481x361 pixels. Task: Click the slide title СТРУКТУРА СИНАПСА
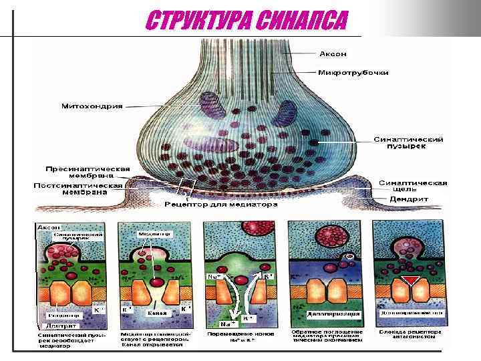[x=247, y=22]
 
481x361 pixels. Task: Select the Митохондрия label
[x=92, y=106]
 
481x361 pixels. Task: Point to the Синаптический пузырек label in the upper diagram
[x=409, y=143]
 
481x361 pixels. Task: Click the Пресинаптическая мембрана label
[x=88, y=173]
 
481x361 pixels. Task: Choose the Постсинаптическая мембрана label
[x=79, y=189]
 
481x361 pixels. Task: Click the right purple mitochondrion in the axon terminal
[x=287, y=113]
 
